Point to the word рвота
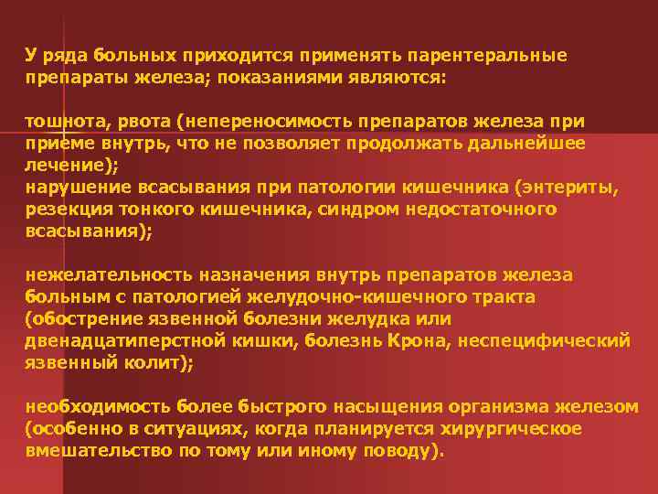click(x=143, y=122)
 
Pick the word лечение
click(x=65, y=166)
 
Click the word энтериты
click(x=571, y=188)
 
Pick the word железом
click(x=601, y=407)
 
